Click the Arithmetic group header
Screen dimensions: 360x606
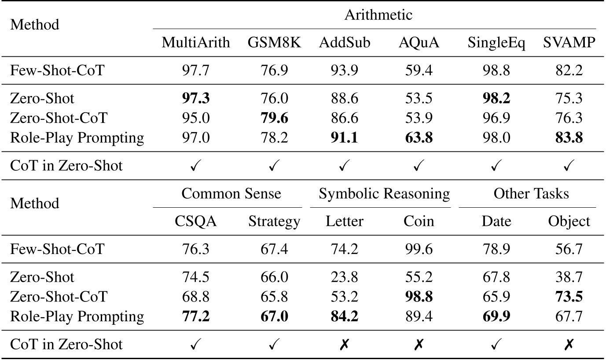pos(378,15)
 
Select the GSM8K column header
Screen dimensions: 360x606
pos(274,43)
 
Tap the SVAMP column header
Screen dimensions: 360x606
pos(569,43)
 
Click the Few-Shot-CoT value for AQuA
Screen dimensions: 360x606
pos(419,70)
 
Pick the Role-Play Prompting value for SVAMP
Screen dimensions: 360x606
pos(569,138)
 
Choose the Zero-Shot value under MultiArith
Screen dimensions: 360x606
pos(196,98)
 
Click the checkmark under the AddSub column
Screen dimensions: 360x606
pos(345,166)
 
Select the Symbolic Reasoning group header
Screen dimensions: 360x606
pos(384,194)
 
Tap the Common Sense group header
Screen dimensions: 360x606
pos(231,194)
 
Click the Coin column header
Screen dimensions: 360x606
pos(419,221)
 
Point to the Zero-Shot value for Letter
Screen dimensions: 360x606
pos(345,277)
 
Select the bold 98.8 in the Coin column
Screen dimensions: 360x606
pos(419,297)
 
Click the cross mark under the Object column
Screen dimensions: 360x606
pos(569,345)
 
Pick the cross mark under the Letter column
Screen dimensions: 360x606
pos(345,345)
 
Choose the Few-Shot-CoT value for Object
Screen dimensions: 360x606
pos(569,249)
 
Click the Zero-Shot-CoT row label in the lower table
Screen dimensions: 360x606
pos(58,297)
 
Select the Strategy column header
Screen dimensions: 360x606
pos(274,221)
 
